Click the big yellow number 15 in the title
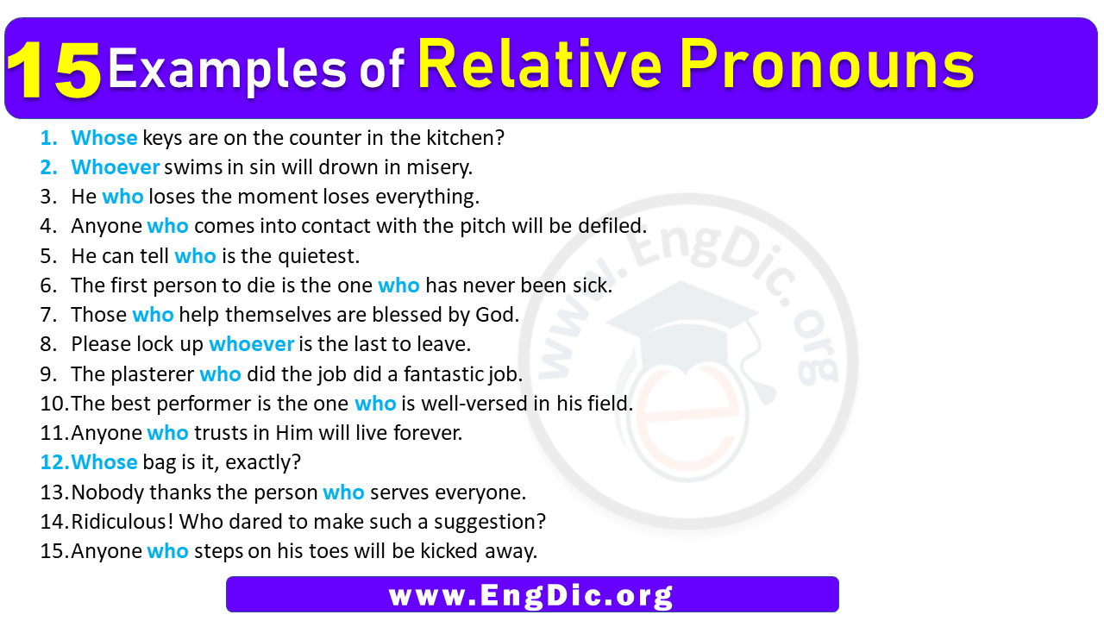click(54, 70)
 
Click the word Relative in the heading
click(540, 65)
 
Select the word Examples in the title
click(227, 70)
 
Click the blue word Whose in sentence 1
click(104, 138)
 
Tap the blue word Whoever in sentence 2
click(116, 167)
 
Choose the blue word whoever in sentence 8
click(252, 344)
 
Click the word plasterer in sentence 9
click(153, 374)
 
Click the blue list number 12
click(53, 462)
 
